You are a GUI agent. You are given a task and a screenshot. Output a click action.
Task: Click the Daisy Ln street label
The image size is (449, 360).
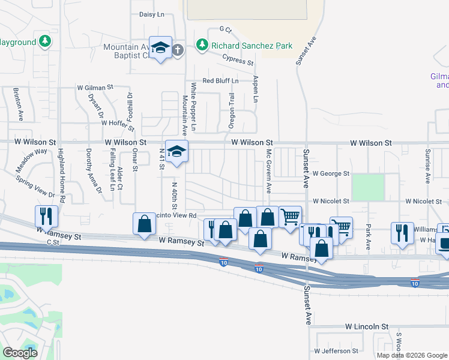[151, 14]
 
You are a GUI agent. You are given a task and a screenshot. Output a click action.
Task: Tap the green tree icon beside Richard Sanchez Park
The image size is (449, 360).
[203, 45]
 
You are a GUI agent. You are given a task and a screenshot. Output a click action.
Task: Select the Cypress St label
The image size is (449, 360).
[238, 59]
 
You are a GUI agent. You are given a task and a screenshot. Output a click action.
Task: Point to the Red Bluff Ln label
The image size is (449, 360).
[220, 80]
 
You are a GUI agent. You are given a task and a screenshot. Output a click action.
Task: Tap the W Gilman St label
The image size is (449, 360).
[95, 87]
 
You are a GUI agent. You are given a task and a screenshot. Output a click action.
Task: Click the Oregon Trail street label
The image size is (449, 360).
[232, 110]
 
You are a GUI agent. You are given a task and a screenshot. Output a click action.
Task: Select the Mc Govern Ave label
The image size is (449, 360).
[268, 170]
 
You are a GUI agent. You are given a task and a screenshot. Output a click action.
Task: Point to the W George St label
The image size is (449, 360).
[330, 173]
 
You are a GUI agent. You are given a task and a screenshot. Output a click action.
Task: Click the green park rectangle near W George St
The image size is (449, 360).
[367, 187]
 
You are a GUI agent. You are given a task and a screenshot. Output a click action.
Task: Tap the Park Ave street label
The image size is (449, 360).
[369, 236]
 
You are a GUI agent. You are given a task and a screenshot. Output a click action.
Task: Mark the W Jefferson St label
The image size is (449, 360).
[336, 350]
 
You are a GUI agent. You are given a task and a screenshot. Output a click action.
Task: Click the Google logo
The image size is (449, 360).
[20, 352]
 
